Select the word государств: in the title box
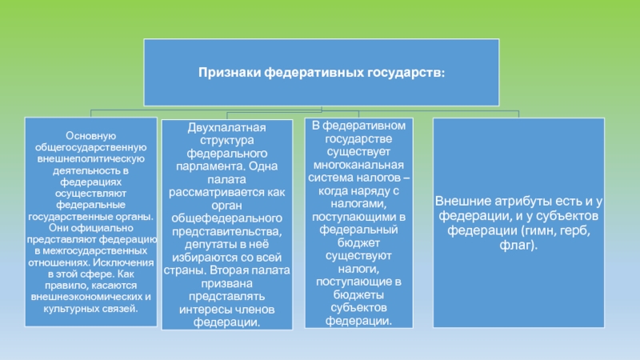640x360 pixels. [x=408, y=73]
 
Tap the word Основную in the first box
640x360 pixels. [x=91, y=136]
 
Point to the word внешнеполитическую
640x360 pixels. [x=91, y=159]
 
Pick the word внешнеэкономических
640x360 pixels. [x=91, y=297]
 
